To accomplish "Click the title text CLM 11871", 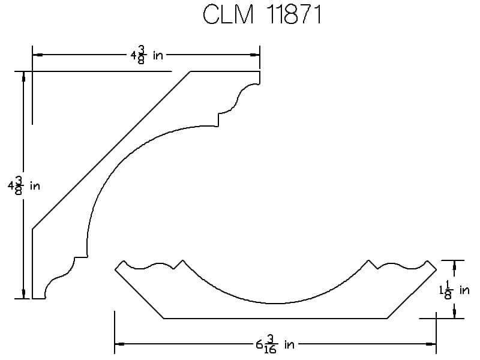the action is pyautogui.click(x=262, y=14).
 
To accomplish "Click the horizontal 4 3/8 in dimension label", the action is pyautogui.click(x=146, y=55).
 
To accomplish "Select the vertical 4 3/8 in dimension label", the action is pyautogui.click(x=24, y=185).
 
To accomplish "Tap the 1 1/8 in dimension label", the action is pyautogui.click(x=454, y=290).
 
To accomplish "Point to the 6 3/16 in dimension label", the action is pyautogui.click(x=275, y=344).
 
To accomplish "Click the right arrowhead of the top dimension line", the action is pyautogui.click(x=254, y=55).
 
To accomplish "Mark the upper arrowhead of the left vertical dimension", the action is pyautogui.click(x=23, y=77).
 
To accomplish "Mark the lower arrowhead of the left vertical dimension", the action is pyautogui.click(x=23, y=293).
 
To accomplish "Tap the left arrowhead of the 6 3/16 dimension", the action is pyautogui.click(x=119, y=344).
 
